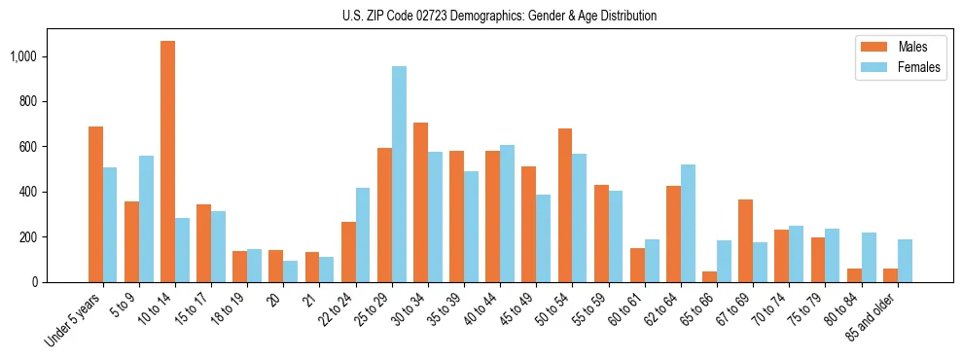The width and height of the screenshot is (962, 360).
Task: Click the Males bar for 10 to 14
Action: coord(168,162)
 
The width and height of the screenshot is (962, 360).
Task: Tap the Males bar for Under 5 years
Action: coord(95,204)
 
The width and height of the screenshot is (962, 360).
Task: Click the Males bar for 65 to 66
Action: coord(710,276)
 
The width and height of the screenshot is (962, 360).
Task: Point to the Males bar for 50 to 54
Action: coord(565,205)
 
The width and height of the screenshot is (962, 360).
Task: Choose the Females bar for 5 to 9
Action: coord(146,219)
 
